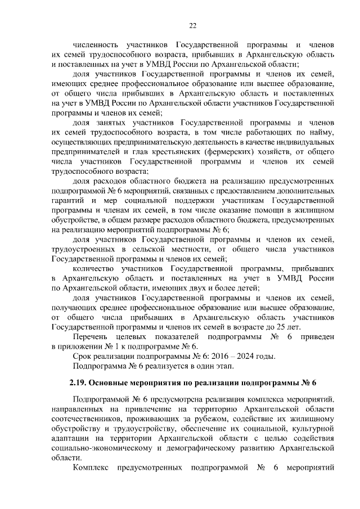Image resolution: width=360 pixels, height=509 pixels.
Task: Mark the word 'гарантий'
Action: [66, 200]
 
